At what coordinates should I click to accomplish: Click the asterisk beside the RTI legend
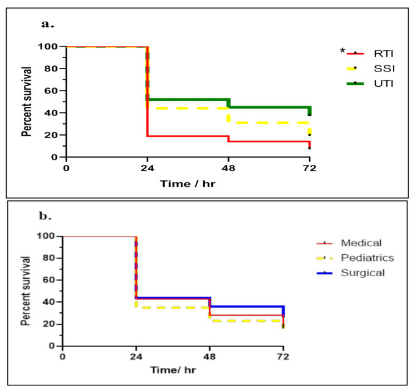coord(343,51)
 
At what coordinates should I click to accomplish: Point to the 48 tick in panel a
coord(228,169)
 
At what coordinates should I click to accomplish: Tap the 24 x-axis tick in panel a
coord(146,169)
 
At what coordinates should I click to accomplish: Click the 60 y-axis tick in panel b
coord(52,280)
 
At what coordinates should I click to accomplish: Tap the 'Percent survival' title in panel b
coord(27,291)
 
